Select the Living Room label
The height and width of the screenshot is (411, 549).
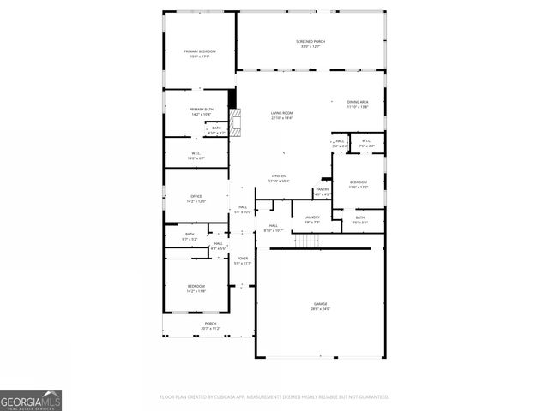282,115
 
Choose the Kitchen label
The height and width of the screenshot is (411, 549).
279,178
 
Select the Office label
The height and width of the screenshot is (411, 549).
196,199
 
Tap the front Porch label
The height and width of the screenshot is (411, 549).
210,325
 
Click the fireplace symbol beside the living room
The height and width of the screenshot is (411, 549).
236,124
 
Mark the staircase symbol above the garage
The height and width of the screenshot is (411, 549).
307,240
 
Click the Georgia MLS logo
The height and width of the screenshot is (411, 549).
31,400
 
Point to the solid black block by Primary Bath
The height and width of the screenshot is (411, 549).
232,98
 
